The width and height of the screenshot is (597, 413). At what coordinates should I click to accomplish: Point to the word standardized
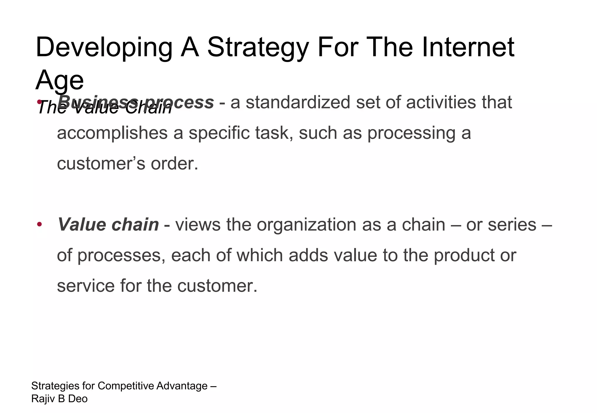click(298, 103)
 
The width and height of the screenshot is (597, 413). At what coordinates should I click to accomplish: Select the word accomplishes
click(112, 133)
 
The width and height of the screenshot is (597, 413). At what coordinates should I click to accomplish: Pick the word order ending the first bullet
click(174, 164)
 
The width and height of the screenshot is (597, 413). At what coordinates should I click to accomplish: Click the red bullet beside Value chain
click(40, 225)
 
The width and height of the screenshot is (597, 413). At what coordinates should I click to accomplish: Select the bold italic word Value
click(82, 225)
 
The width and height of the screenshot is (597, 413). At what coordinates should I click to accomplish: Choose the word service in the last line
click(86, 286)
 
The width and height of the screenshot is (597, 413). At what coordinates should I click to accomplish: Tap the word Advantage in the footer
click(182, 386)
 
